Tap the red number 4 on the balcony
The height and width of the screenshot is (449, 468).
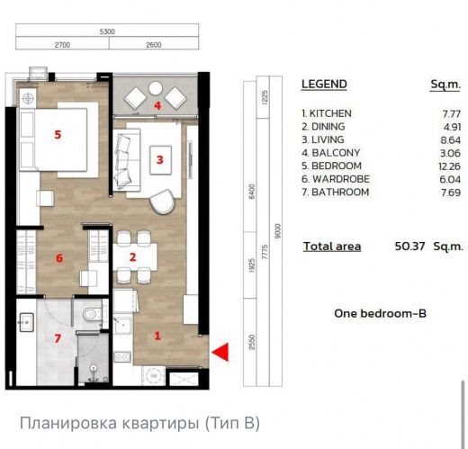[x=157, y=105]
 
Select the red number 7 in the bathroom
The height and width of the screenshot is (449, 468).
[x=58, y=338]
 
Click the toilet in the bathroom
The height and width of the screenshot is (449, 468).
[x=93, y=315]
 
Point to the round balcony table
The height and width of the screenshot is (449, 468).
[x=156, y=88]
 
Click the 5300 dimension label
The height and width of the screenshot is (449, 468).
[x=107, y=31]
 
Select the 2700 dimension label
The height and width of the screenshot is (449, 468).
[x=62, y=45]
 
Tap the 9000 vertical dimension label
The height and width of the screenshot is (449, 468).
[x=277, y=231]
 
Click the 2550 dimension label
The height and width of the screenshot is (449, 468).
[x=252, y=342]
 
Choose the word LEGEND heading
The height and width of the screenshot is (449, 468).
[x=324, y=84]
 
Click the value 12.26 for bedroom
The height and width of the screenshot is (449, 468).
[x=449, y=166]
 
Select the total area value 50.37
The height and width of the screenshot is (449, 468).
[x=409, y=247]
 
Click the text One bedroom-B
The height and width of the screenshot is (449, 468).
[x=380, y=313]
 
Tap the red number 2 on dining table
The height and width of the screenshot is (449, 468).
[x=132, y=257]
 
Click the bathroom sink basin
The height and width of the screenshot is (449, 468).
[x=26, y=322]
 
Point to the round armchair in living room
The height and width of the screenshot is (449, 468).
[x=162, y=202]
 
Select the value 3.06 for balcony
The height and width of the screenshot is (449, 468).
[x=450, y=153]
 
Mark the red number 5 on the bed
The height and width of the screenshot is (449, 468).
[x=58, y=135]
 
